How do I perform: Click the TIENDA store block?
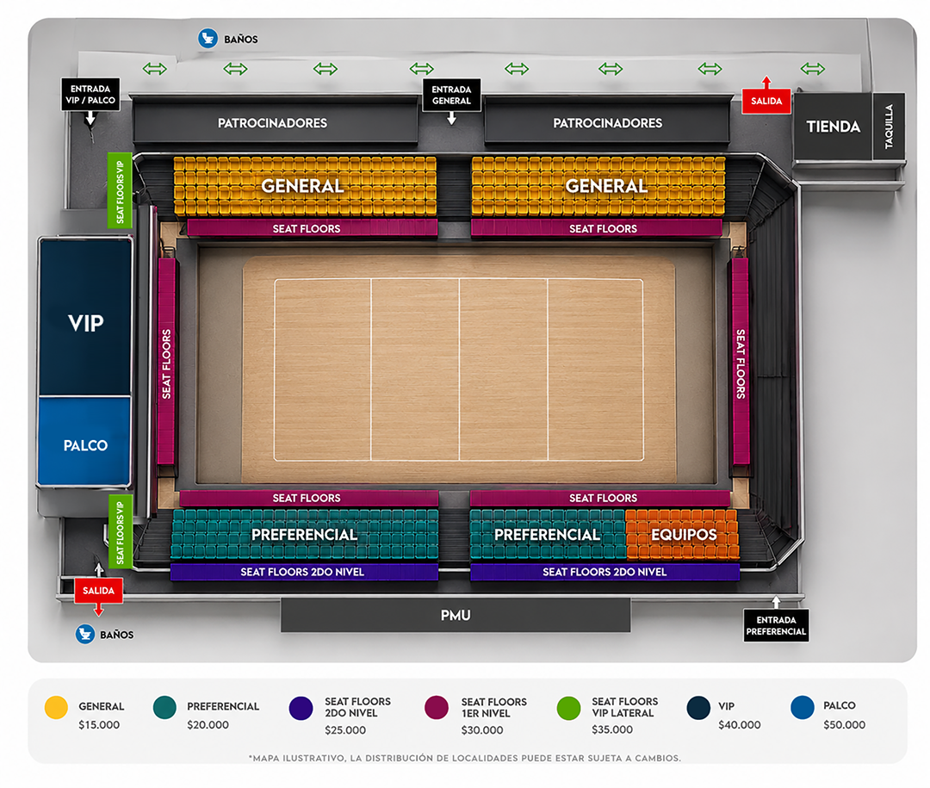[x=833, y=126]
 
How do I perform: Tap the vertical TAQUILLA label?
[x=889, y=126]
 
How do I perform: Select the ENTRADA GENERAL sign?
[x=451, y=95]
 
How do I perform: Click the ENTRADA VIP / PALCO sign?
[x=90, y=95]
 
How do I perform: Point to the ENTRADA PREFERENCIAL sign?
[x=776, y=625]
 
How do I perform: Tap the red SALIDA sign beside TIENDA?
[x=766, y=101]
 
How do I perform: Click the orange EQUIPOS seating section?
[x=683, y=534]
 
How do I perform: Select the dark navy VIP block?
[x=84, y=318]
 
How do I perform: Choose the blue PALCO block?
[x=84, y=442]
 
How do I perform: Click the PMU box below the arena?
[x=456, y=615]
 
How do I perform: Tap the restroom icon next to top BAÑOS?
[x=208, y=39]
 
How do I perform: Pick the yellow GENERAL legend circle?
[x=56, y=707]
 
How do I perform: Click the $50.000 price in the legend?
[x=844, y=724]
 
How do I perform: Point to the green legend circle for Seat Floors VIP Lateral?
[x=568, y=708]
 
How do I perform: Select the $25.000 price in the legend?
[x=345, y=729]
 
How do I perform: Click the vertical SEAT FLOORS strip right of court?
[x=741, y=361]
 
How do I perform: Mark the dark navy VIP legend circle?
[x=698, y=708]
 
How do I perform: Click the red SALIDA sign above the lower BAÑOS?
[x=98, y=591]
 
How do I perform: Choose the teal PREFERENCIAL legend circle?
[x=164, y=707]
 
